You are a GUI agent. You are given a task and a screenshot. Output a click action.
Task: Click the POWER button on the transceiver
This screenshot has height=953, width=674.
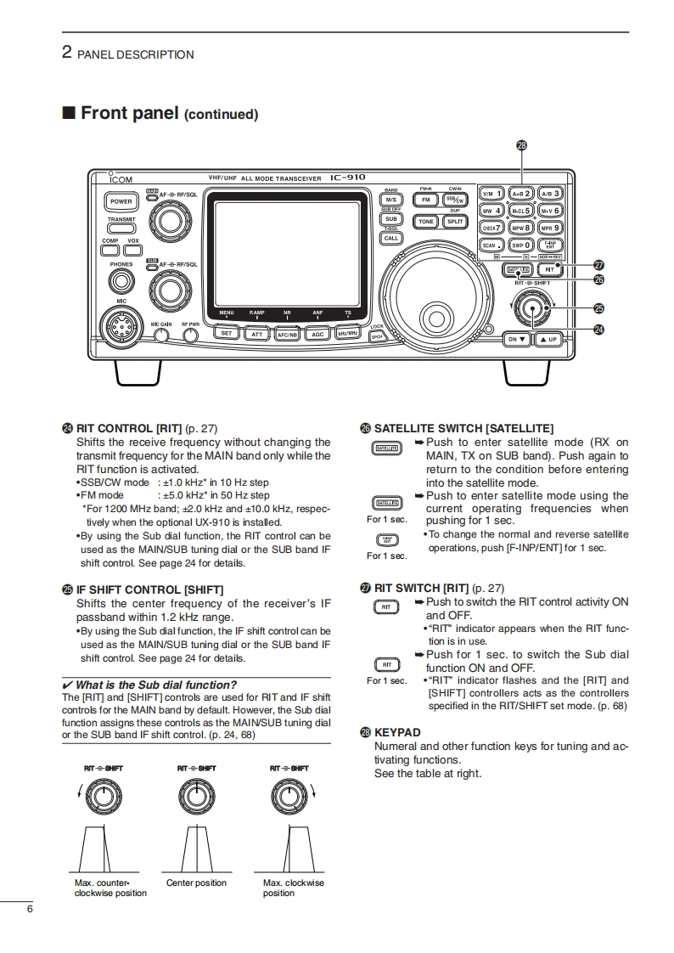tap(121, 201)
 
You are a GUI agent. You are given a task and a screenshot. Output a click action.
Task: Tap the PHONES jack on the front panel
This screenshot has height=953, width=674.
tap(121, 279)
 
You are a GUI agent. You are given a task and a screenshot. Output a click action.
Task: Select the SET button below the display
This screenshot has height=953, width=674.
tap(227, 334)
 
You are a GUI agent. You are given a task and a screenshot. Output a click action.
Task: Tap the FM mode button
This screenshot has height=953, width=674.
tap(425, 200)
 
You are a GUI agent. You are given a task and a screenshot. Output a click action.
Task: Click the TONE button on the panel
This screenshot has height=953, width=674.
tap(425, 222)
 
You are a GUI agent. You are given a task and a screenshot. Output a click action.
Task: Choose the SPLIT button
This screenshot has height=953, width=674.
tap(456, 222)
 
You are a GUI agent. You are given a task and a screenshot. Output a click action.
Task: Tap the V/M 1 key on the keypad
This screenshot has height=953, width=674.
tap(491, 194)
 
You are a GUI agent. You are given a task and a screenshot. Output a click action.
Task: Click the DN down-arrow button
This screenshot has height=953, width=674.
tap(517, 339)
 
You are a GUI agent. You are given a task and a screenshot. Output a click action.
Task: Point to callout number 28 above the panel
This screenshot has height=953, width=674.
tap(522, 145)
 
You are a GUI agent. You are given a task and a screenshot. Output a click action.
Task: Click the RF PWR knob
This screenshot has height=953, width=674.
tap(190, 334)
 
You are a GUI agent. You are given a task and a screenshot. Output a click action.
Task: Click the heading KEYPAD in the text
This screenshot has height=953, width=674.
tap(397, 732)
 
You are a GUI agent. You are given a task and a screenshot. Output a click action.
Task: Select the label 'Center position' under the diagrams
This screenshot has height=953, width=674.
tap(196, 883)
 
